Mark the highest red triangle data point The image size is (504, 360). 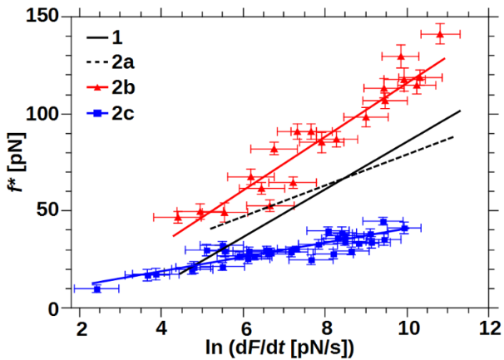pyautogui.click(x=440, y=34)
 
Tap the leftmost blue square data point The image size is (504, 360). pyautogui.click(x=96, y=288)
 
